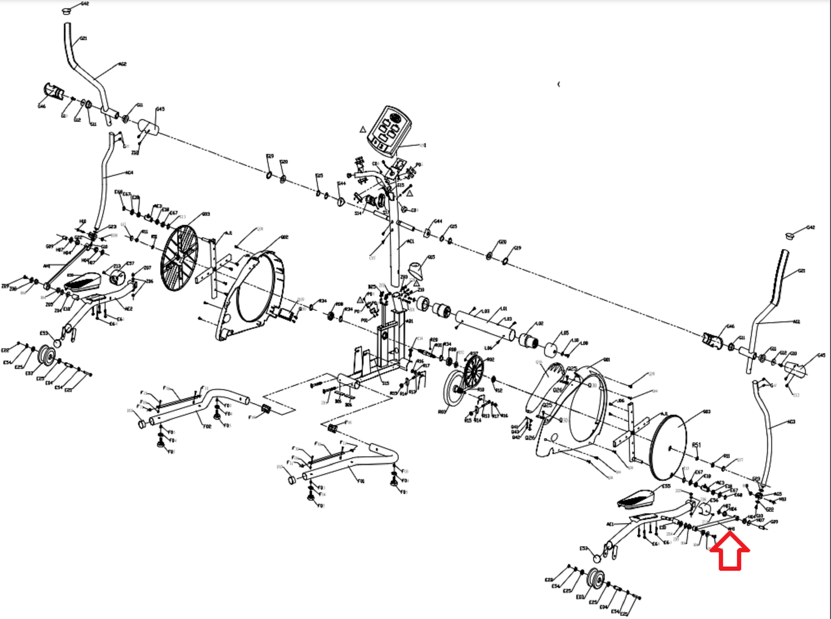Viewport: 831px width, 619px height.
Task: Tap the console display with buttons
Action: click(x=390, y=130)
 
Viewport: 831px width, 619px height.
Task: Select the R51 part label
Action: click(x=696, y=445)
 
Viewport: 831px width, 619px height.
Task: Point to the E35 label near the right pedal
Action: click(x=666, y=487)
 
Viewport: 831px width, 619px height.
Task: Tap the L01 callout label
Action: click(x=504, y=309)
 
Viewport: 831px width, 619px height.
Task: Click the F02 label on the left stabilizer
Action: click(x=207, y=426)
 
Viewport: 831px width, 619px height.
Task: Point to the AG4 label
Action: click(x=129, y=173)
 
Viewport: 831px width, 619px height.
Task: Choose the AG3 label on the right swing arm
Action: click(x=791, y=422)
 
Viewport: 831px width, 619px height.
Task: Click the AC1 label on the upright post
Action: click(x=410, y=241)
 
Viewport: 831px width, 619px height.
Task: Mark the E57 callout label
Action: click(x=130, y=263)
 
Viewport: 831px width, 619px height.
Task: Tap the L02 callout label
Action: click(x=539, y=324)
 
